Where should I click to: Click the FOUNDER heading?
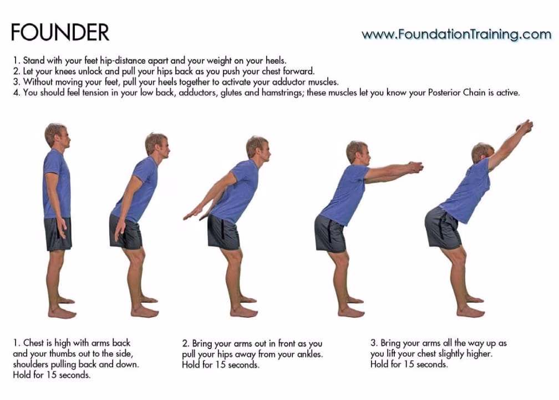click(60, 32)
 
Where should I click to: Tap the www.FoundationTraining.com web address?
click(456, 34)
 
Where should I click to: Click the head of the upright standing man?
click(57, 135)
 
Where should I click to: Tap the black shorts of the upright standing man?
click(58, 233)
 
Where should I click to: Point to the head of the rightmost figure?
click(482, 153)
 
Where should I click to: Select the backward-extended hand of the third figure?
click(192, 212)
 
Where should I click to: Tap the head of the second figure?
click(156, 144)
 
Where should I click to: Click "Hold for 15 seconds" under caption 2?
click(221, 365)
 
